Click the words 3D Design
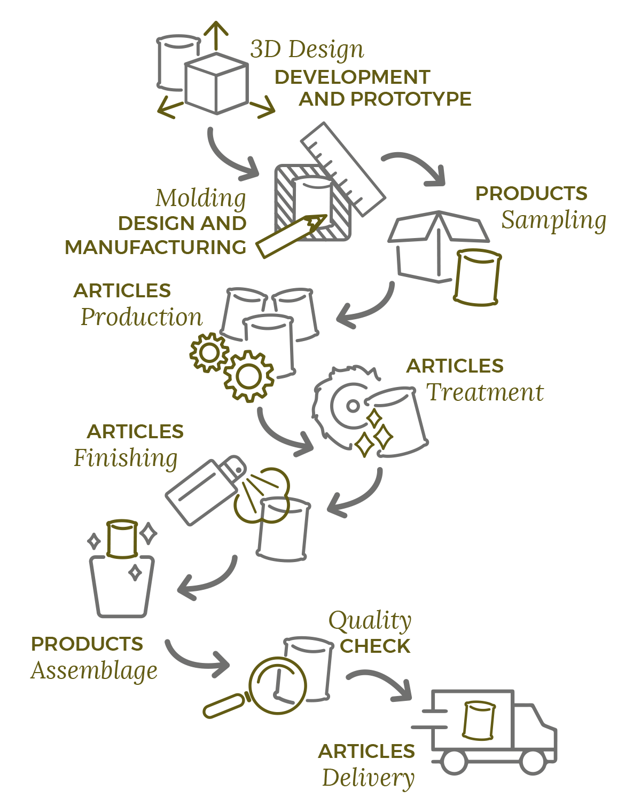point(307,50)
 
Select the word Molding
point(200,198)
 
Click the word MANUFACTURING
point(155,248)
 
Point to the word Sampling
point(553,220)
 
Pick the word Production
point(142,317)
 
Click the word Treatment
point(484,392)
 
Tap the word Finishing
point(126,458)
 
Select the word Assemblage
point(94,671)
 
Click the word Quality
point(370,621)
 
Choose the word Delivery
point(368,778)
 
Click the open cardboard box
point(427,246)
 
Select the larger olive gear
point(248,376)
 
